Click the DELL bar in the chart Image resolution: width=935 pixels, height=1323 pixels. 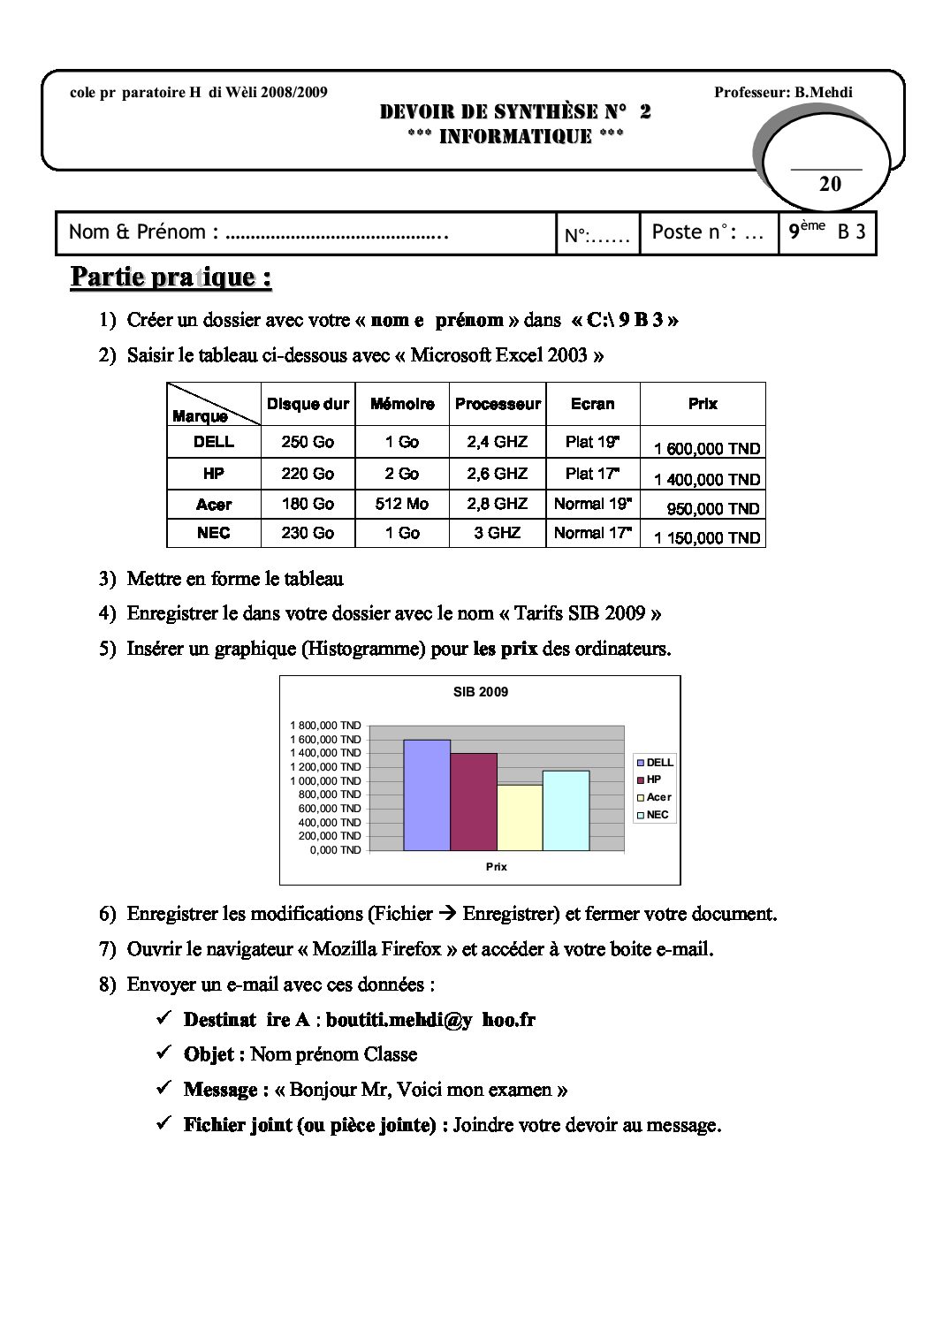pyautogui.click(x=427, y=795)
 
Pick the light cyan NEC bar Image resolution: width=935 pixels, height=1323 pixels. pyautogui.click(x=566, y=810)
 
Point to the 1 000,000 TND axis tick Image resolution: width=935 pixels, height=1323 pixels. pyautogui.click(x=326, y=781)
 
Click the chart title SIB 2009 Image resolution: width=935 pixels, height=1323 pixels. pyautogui.click(x=481, y=692)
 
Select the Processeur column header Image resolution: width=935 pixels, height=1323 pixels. pyautogui.click(x=498, y=404)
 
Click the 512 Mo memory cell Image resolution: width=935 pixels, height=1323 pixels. pyautogui.click(x=402, y=504)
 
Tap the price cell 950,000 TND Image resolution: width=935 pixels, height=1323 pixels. pyautogui.click(x=712, y=509)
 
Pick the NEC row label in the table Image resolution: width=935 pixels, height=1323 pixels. pyautogui.click(x=214, y=533)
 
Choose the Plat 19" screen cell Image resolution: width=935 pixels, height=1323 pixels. pyautogui.click(x=592, y=442)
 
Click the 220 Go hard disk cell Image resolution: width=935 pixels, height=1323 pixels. pyautogui.click(x=308, y=474)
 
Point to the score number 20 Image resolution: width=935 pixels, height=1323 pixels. pyautogui.click(x=830, y=184)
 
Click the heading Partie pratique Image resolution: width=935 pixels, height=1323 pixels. pyautogui.click(x=171, y=277)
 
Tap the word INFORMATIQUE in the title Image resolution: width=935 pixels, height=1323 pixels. pyautogui.click(x=515, y=136)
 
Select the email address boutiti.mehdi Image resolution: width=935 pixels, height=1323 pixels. pyautogui.click(x=430, y=1019)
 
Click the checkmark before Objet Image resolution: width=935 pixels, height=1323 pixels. pyautogui.click(x=163, y=1053)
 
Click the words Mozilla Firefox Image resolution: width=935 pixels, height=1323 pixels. pyautogui.click(x=377, y=949)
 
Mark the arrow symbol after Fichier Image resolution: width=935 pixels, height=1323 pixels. pyautogui.click(x=448, y=914)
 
